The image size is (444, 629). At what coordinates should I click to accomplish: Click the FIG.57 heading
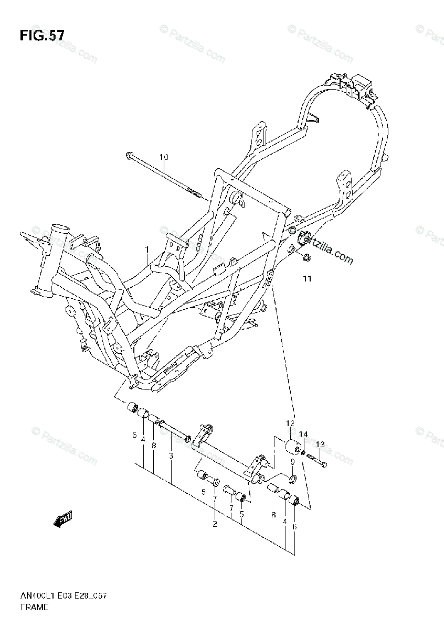tap(42, 36)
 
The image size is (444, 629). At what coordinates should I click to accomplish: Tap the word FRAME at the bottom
tap(35, 607)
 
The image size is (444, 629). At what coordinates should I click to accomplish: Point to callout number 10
tap(164, 157)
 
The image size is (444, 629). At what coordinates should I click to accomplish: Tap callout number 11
tap(307, 279)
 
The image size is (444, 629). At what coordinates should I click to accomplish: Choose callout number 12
tap(290, 424)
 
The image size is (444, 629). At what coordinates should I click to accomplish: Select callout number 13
tap(320, 444)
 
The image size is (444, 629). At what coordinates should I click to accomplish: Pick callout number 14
tap(303, 435)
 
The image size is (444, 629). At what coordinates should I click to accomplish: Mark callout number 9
tap(292, 462)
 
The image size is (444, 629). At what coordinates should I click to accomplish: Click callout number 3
tap(171, 456)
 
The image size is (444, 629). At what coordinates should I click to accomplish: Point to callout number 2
tap(215, 524)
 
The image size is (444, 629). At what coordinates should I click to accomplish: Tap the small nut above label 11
tap(308, 257)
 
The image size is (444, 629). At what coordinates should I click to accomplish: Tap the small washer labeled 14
tap(304, 452)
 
